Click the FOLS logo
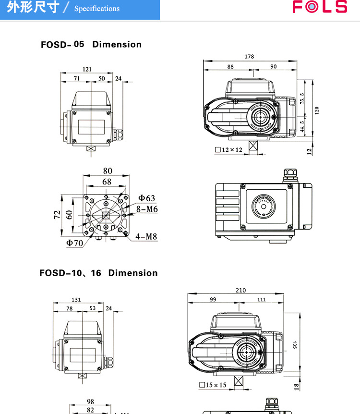coord(320,7)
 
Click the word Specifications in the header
coord(96,9)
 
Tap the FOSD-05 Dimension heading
coord(91,44)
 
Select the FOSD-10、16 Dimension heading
coord(98,273)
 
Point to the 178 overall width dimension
coord(249,57)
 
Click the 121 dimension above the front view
coord(87,69)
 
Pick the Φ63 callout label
coord(147,198)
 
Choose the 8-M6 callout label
coord(146,209)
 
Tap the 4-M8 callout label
coord(146,236)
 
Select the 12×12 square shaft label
coord(229,150)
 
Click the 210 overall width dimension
coord(241,290)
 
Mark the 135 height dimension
coord(295,345)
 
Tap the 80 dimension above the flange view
coord(108,171)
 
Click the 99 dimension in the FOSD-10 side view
coord(213,299)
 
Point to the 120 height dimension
coord(316,110)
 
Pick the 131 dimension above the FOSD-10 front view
coord(76,300)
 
